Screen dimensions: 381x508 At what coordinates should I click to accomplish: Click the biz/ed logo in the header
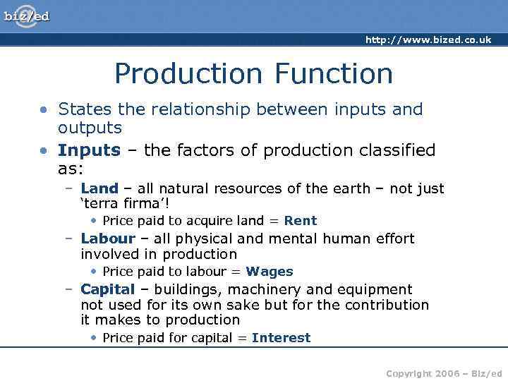click(27, 16)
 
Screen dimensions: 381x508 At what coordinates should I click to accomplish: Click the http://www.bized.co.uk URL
click(428, 40)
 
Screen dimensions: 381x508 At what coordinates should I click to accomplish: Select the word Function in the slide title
click(334, 73)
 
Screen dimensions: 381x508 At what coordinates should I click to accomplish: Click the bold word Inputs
click(89, 150)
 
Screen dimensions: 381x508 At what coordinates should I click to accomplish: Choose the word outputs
click(90, 128)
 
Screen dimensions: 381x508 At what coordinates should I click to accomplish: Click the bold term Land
click(99, 188)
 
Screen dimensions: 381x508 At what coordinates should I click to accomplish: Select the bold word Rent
click(301, 221)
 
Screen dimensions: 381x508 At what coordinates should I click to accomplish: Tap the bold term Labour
click(107, 238)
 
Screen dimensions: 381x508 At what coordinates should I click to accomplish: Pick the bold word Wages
click(270, 272)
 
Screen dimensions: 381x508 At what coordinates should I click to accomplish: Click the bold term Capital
click(107, 289)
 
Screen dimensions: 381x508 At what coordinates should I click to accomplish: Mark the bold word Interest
click(281, 338)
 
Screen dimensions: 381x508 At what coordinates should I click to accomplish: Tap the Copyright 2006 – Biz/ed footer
click(444, 373)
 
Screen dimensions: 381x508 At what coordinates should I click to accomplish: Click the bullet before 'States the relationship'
click(44, 110)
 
